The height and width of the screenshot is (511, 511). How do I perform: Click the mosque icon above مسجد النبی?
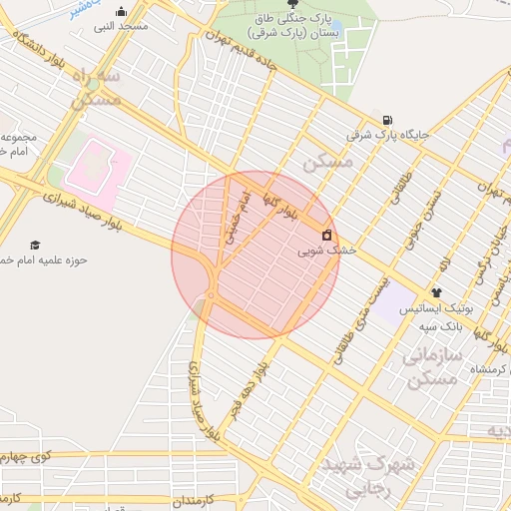tap(122, 12)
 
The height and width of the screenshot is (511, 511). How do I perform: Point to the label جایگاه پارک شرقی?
tap(387, 133)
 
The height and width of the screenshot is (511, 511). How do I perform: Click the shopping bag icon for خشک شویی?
tap(326, 235)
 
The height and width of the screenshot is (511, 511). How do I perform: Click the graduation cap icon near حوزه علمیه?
tap(36, 245)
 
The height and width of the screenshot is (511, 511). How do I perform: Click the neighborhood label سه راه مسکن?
tap(96, 88)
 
